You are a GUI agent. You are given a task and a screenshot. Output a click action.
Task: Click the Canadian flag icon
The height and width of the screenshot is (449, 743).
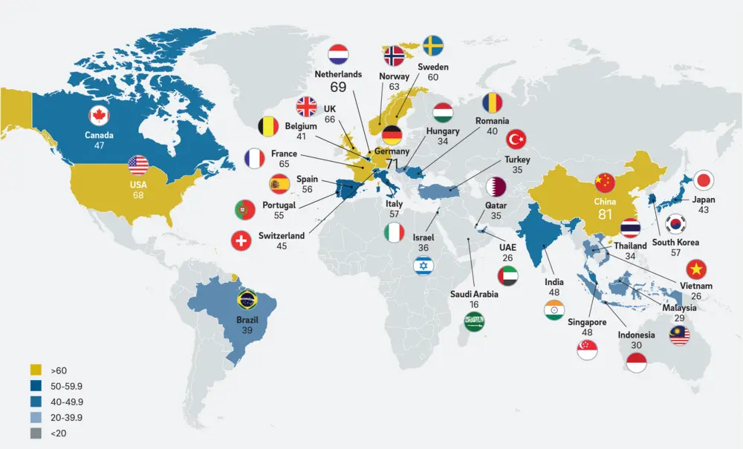99,116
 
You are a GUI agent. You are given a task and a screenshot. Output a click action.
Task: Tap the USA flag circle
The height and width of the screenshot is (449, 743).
138,165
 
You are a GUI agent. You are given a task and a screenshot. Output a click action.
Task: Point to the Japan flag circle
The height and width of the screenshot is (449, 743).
703,180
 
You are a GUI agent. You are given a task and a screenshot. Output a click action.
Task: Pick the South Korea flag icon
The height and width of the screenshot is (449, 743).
675,223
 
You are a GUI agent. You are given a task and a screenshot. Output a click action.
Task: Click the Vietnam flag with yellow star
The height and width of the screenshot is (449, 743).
697,268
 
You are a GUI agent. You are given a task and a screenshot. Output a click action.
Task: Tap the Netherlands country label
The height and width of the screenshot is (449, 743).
338,74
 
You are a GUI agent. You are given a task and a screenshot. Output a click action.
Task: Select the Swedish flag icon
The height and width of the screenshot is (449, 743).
433,46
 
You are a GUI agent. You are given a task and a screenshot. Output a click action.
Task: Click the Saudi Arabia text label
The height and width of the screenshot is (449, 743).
474,295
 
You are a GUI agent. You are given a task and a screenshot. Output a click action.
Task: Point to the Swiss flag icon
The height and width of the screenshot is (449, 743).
240,241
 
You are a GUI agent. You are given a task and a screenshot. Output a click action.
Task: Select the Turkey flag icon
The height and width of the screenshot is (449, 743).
516,139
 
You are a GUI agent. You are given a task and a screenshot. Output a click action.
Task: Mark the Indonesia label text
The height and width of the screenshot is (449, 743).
636,335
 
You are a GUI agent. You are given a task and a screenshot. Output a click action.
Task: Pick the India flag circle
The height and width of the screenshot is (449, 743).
554,312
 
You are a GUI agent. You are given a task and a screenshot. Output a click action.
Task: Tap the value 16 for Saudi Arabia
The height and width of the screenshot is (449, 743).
474,305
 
